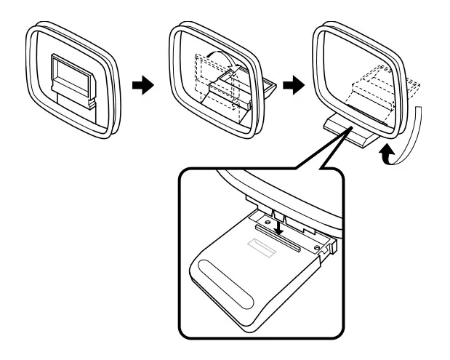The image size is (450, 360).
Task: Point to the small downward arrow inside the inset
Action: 279,228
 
